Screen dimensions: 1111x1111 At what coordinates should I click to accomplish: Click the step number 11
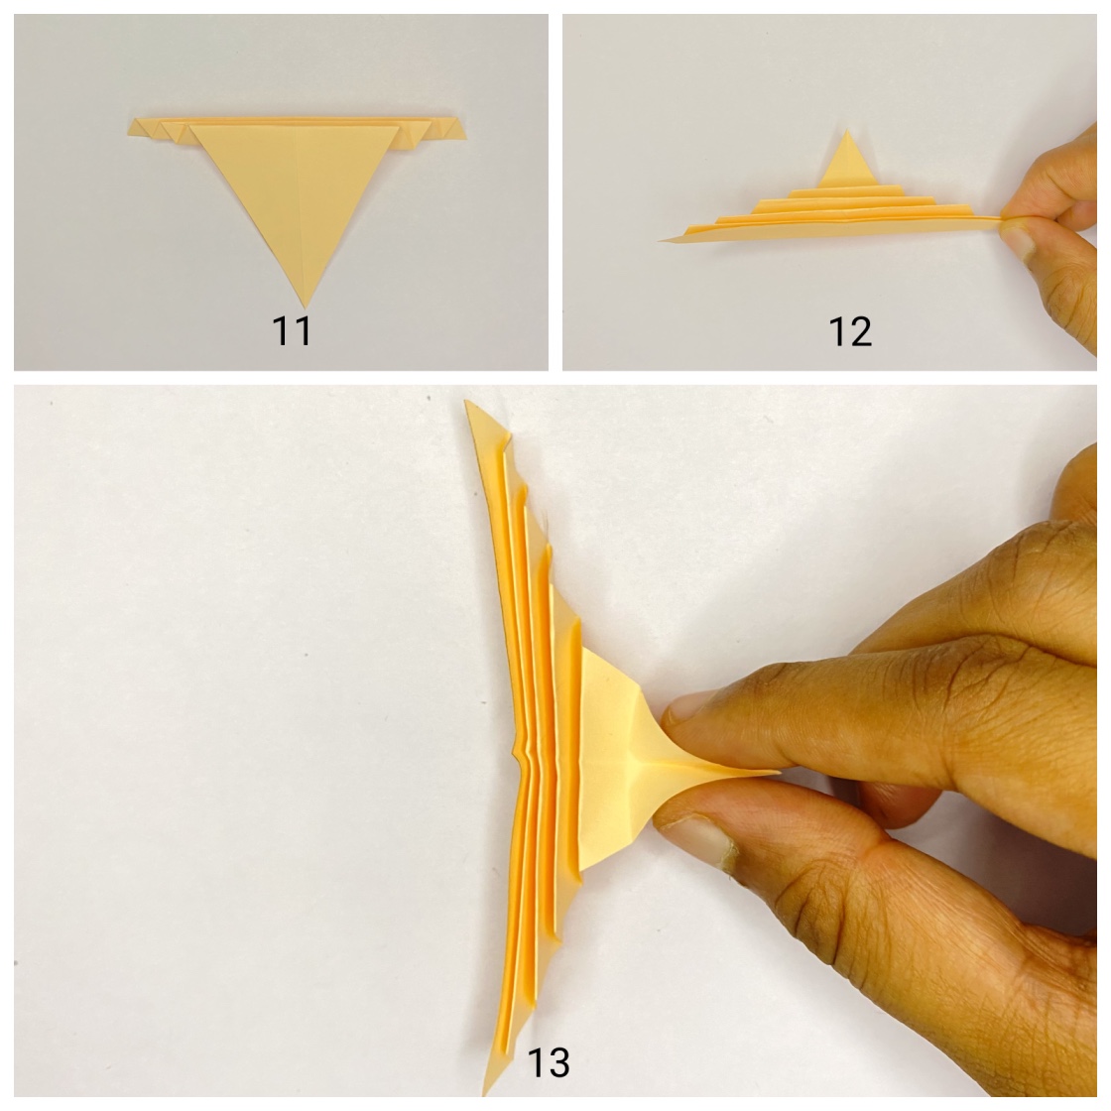click(x=293, y=330)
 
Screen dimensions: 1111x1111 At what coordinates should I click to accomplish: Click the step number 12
click(x=850, y=331)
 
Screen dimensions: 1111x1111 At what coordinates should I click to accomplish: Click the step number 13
click(x=548, y=1062)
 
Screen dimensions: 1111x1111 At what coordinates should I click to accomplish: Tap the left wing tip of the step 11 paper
click(x=134, y=126)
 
